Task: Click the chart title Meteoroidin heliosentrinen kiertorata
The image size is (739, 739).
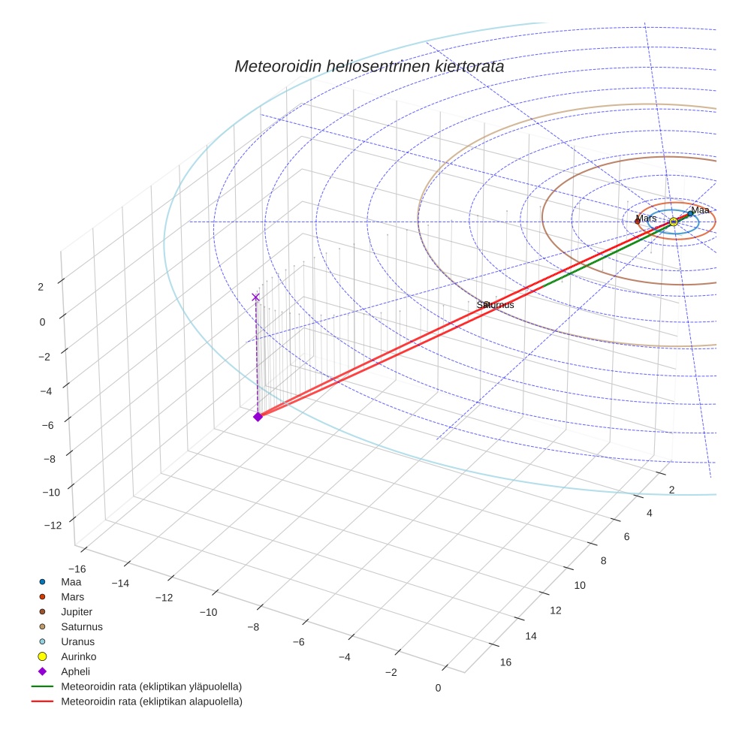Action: [x=369, y=66]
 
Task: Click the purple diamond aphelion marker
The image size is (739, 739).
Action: [x=258, y=416]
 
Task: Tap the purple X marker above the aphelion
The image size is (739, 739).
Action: [x=255, y=297]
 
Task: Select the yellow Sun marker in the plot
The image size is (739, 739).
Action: [x=674, y=222]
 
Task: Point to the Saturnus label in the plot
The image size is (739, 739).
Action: [x=495, y=305]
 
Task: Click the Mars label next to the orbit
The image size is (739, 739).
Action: [x=646, y=218]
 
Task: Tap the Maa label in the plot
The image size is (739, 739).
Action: [x=700, y=210]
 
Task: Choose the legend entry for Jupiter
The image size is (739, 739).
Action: [x=77, y=611]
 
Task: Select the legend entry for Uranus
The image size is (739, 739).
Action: [x=77, y=641]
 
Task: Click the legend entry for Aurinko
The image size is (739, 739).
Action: [x=78, y=656]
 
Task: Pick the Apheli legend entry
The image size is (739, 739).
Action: [x=75, y=671]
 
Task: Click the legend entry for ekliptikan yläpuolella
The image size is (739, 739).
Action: [x=151, y=686]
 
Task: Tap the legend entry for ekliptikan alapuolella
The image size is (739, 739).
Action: [x=151, y=701]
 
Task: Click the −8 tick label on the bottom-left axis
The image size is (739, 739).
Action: [x=253, y=627]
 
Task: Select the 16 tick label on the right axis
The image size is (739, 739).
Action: [x=505, y=662]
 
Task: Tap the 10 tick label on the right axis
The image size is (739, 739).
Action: [x=579, y=585]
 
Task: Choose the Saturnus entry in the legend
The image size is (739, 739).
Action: [x=82, y=626]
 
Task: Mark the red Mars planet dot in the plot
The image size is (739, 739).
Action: [x=637, y=221]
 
